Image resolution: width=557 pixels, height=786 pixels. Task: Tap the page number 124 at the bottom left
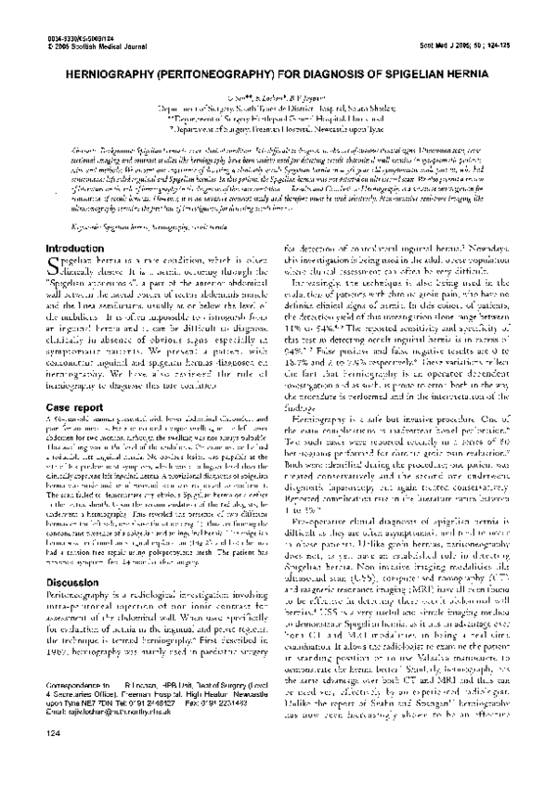click(52, 761)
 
